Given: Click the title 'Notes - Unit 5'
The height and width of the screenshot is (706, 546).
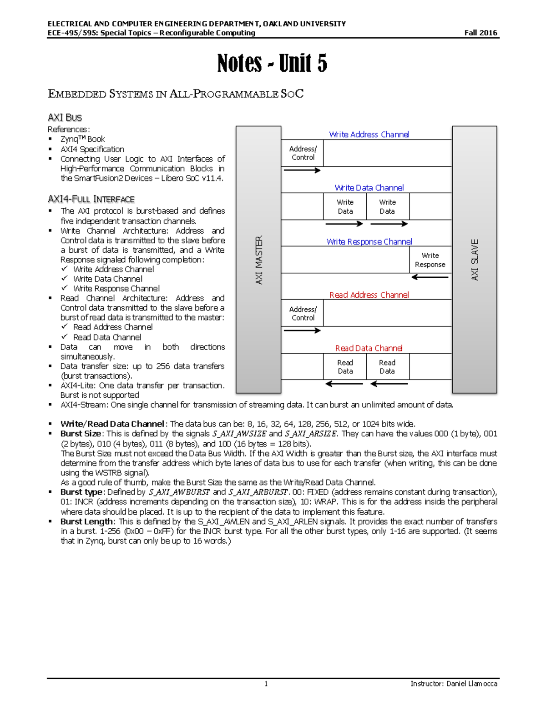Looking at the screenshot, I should pos(272,63).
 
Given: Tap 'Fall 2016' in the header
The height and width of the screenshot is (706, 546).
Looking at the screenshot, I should pos(480,33).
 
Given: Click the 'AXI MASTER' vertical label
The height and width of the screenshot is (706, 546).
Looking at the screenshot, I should pos(259,260).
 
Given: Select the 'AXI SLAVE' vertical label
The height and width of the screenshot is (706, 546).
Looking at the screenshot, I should pos(475,260).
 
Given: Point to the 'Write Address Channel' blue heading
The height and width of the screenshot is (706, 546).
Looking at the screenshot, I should pos(369,135).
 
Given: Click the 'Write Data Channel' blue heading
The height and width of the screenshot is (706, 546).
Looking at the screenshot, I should pos(369,188).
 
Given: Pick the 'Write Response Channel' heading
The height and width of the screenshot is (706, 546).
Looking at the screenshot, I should pos(369,242).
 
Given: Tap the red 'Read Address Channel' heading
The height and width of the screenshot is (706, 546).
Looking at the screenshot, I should pos(369,295).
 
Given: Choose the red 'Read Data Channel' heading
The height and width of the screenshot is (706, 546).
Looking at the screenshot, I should pos(369,348).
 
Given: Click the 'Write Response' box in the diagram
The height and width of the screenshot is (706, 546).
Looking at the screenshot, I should pos(430,260).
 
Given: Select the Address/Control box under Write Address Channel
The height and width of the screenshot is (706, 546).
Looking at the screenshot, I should pos(303,153).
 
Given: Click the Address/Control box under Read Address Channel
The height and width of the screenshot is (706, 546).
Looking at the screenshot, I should pos(303,313).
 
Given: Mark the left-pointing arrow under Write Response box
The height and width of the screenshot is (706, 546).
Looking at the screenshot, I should pos(430,277).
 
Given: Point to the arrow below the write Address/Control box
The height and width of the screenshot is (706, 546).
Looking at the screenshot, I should pos(302,170).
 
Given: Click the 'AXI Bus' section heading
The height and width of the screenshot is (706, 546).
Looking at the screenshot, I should pos(65,117).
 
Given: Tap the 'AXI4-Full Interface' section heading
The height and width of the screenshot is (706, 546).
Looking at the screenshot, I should pos(91,199).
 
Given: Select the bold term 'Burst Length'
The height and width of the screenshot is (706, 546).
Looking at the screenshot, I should pos(86,521).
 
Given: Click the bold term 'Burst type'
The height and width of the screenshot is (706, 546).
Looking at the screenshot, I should pos(81,492).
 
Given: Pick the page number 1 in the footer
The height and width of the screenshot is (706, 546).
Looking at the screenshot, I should pos(266,684).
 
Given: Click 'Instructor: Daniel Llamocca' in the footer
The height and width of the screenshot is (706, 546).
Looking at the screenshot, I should pos(454,684).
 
